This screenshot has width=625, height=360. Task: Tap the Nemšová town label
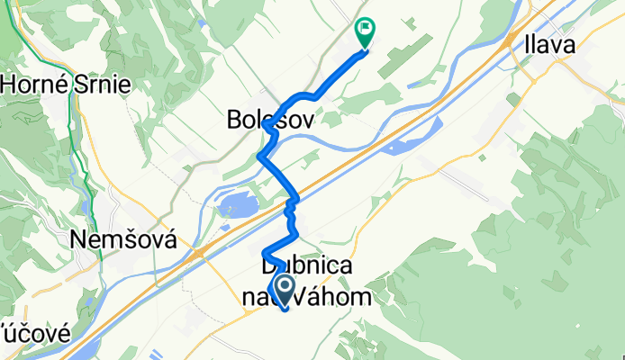pyautogui.click(x=123, y=240)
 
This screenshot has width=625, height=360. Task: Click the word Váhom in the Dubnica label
pyautogui.click(x=329, y=296)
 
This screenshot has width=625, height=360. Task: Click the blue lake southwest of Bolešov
pyautogui.click(x=236, y=208)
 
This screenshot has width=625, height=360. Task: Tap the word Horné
pyautogui.click(x=33, y=85)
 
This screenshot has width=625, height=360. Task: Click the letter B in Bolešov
pyautogui.click(x=232, y=119)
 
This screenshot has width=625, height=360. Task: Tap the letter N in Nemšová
pyautogui.click(x=79, y=240)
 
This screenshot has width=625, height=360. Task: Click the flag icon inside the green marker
pyautogui.click(x=365, y=28)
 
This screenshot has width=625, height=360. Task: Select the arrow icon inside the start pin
pyautogui.click(x=285, y=289)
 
